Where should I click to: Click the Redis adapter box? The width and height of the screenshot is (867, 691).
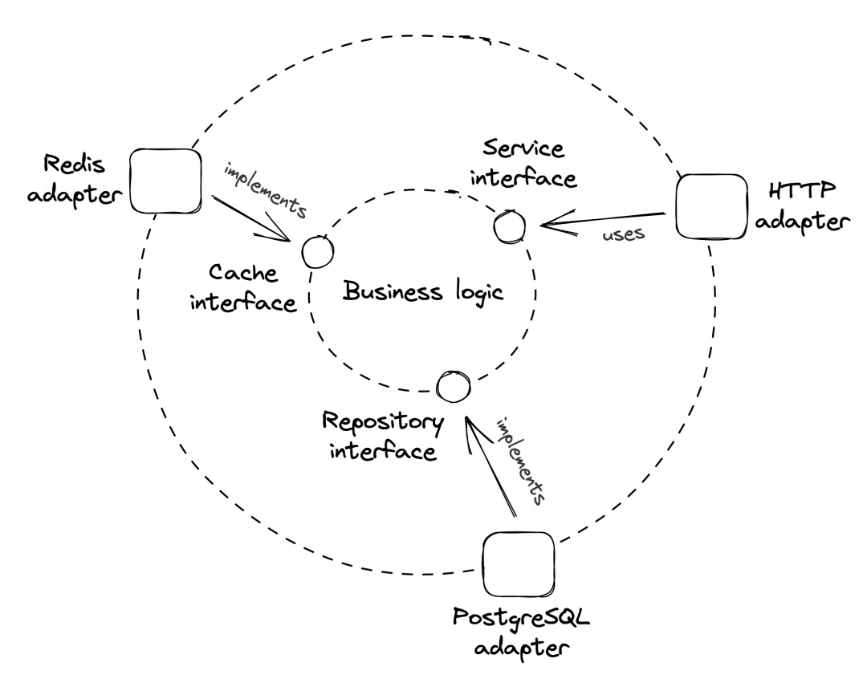pyautogui.click(x=166, y=181)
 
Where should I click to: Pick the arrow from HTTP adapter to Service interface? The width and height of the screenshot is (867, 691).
pyautogui.click(x=602, y=220)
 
